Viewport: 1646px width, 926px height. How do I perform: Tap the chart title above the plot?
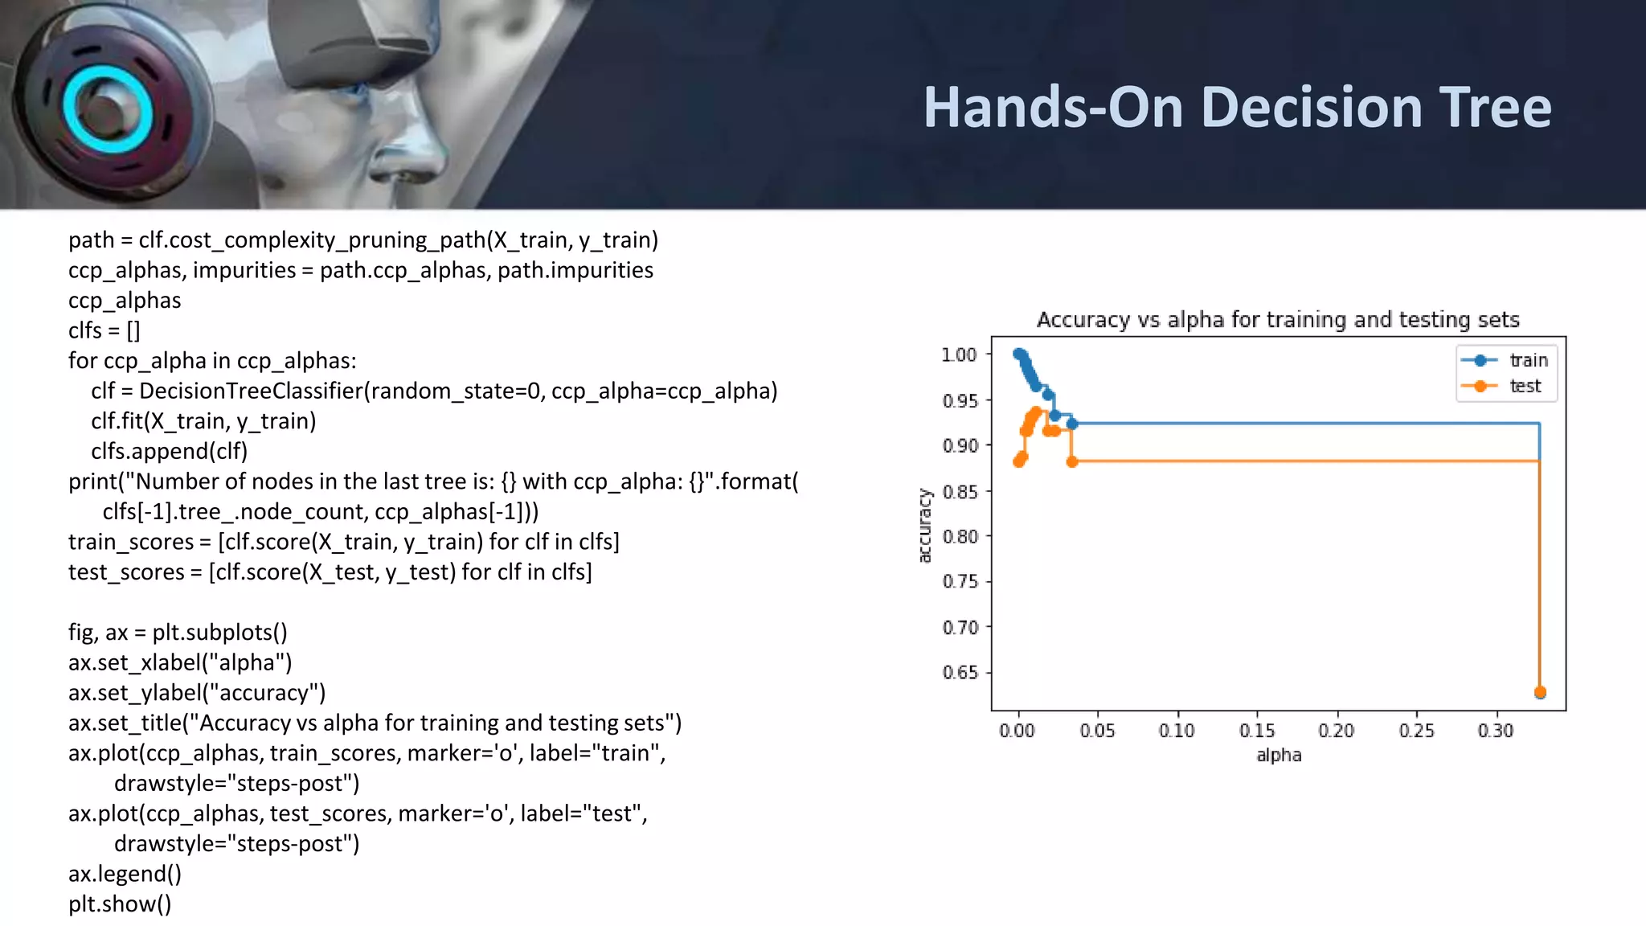1278,319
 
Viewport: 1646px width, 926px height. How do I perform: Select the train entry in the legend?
1528,360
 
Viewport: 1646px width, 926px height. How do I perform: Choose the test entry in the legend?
1525,386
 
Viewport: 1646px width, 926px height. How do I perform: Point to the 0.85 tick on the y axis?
960,491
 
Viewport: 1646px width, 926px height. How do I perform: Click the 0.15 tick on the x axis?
1257,730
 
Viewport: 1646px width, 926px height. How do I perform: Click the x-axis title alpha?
1278,755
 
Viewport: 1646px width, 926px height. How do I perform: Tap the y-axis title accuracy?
924,525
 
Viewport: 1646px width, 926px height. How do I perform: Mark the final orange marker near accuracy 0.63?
1540,692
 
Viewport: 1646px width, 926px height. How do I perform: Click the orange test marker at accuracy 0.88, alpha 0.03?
1072,461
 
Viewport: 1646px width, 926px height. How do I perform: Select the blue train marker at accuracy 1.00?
1019,354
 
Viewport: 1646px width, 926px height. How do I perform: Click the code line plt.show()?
120,903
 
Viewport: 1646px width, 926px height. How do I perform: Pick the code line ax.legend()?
125,874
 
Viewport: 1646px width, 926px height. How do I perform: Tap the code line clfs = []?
104,330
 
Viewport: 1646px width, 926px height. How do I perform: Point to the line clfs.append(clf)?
169,451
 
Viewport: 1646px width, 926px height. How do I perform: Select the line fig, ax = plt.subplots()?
178,632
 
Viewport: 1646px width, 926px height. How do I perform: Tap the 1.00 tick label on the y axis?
959,354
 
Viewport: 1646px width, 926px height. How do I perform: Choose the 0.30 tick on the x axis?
1495,730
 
